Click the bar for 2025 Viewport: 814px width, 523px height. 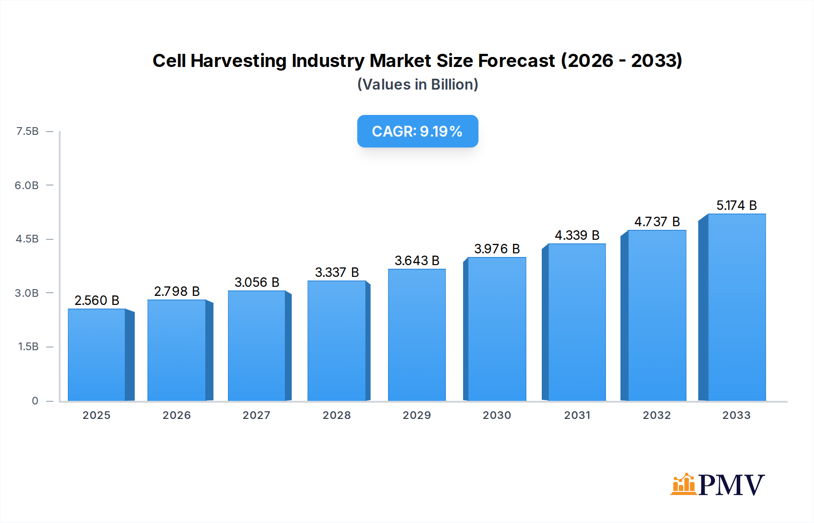pos(97,355)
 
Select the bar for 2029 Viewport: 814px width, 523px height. pos(416,335)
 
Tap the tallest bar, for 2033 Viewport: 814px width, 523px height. pos(736,308)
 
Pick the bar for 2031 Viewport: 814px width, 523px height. pos(577,322)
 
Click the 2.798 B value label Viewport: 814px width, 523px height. pos(177,291)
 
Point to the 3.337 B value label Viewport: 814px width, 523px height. pos(337,272)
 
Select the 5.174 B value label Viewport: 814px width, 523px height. pos(736,205)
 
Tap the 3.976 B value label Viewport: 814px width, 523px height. pos(497,249)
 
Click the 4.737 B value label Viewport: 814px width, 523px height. pos(657,222)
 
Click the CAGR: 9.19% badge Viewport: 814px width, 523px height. pos(417,131)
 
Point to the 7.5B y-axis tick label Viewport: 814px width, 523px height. pos(27,131)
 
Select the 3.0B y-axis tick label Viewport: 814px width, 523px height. pos(27,293)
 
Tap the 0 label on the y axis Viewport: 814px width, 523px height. pos(35,401)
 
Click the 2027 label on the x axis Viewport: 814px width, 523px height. pos(256,415)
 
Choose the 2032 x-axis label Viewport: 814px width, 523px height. pos(657,415)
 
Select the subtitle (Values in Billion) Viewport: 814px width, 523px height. pos(417,85)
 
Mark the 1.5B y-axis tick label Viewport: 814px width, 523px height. pos(28,347)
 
